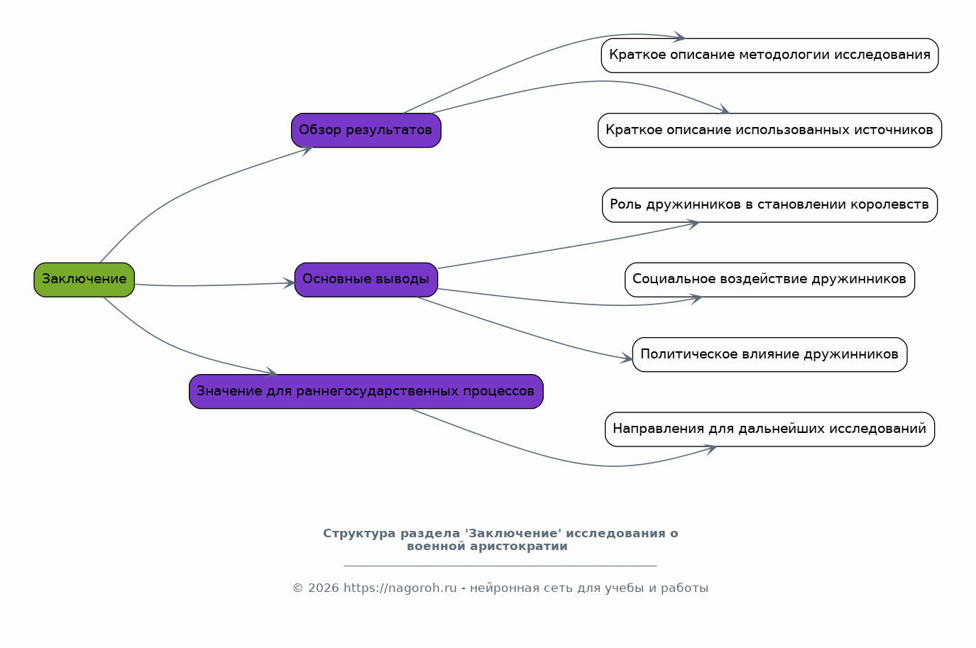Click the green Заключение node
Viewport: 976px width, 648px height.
point(84,280)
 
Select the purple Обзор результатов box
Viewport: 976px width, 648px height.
point(366,131)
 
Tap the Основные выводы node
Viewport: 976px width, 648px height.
point(366,280)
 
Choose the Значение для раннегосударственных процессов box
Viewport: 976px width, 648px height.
point(366,391)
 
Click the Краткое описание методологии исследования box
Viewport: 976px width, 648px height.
point(769,55)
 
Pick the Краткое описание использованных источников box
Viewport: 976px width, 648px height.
point(769,131)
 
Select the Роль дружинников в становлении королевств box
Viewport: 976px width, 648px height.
point(769,205)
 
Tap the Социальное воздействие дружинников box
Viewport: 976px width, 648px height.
point(769,280)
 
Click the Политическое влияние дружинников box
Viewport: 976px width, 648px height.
point(769,355)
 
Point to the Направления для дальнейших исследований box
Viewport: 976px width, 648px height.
point(769,429)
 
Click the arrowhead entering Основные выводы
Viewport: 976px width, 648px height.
point(290,283)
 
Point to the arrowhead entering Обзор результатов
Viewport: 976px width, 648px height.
point(307,150)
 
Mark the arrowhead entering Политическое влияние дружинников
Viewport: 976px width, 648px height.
point(627,358)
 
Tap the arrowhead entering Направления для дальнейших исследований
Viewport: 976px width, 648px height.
point(711,449)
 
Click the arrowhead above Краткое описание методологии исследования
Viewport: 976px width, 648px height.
point(679,37)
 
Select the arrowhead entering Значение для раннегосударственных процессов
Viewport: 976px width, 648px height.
point(271,372)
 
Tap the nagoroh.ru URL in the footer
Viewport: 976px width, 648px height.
point(400,588)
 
